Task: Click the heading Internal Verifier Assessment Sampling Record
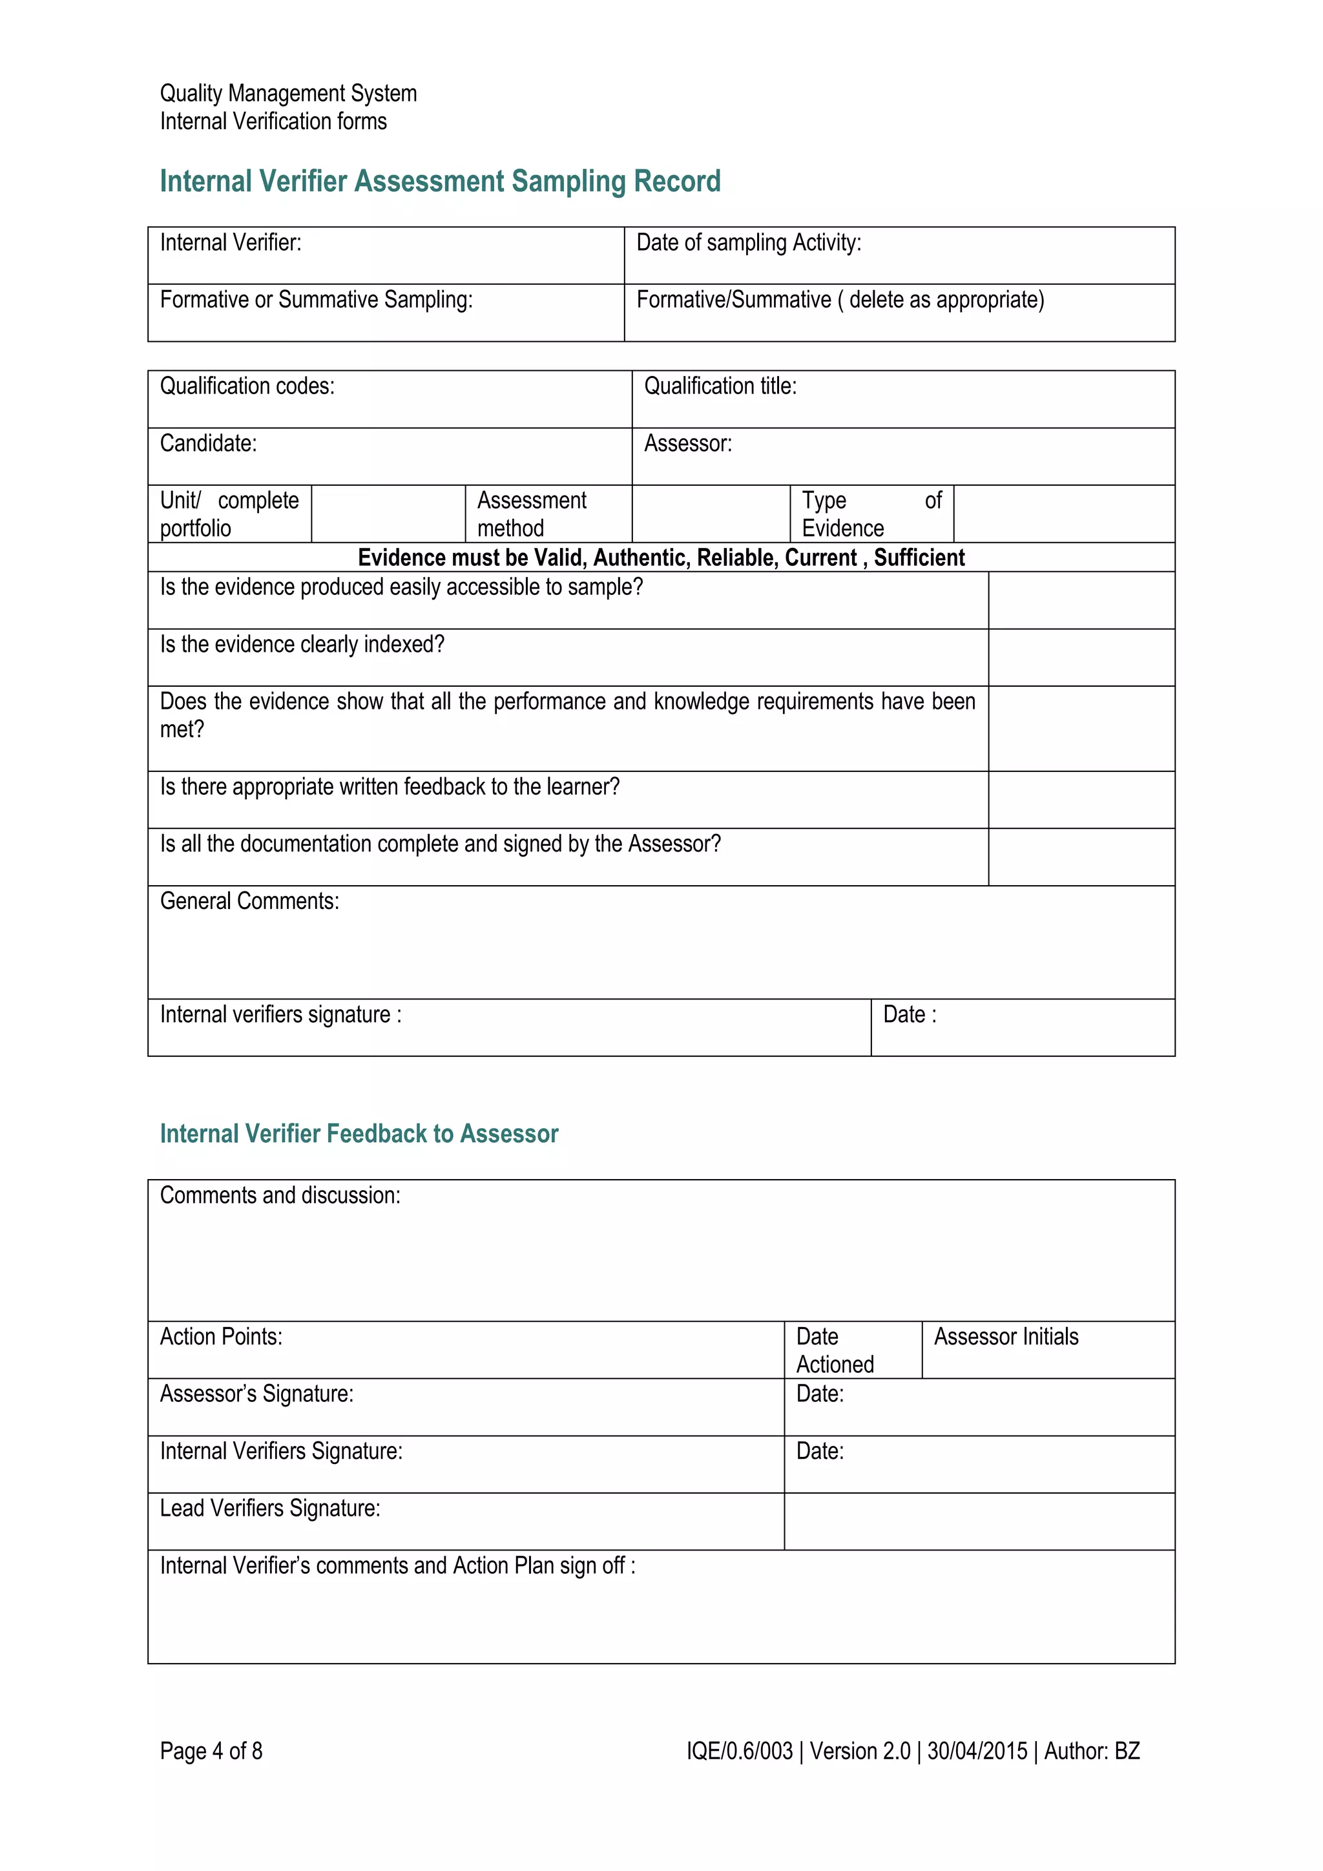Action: pyautogui.click(x=440, y=181)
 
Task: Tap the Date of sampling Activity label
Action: pyautogui.click(x=748, y=243)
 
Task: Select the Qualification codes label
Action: pyautogui.click(x=247, y=386)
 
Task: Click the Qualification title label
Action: pyautogui.click(x=720, y=386)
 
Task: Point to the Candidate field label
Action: pyautogui.click(x=208, y=443)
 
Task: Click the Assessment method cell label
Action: pyautogui.click(x=531, y=514)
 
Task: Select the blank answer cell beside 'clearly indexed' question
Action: pyautogui.click(x=1080, y=657)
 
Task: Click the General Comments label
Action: pyautogui.click(x=249, y=901)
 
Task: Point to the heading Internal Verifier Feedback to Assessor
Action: pyautogui.click(x=359, y=1134)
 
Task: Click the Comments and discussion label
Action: pyautogui.click(x=280, y=1195)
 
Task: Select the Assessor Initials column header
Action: pyautogui.click(x=1005, y=1337)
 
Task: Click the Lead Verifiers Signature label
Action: pyautogui.click(x=269, y=1509)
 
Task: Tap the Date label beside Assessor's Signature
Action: pyautogui.click(x=820, y=1394)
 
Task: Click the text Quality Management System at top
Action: pyautogui.click(x=287, y=94)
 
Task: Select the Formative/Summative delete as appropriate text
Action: pyautogui.click(x=839, y=300)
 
